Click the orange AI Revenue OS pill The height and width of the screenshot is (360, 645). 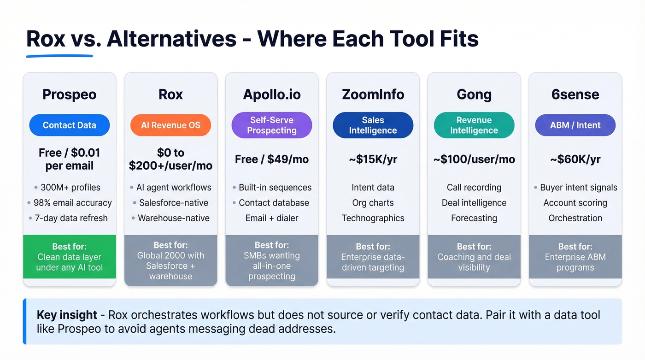(170, 125)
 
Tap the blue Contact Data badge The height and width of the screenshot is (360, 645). (69, 125)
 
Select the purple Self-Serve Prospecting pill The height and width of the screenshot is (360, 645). (272, 125)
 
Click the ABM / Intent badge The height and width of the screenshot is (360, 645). (575, 125)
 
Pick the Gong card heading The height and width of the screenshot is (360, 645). (474, 94)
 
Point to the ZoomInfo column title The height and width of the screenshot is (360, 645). (373, 94)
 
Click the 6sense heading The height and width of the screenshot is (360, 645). (575, 94)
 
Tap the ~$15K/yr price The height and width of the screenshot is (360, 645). (373, 159)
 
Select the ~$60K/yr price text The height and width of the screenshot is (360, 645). (575, 159)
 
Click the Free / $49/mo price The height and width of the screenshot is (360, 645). (272, 159)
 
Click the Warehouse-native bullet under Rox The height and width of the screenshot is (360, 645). (173, 218)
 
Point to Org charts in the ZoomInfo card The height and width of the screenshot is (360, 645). (373, 203)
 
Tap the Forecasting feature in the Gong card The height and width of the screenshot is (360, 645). (474, 218)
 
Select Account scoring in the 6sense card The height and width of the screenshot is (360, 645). (575, 203)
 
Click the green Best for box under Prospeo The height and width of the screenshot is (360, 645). (69, 257)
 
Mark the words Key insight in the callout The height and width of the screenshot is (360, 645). (67, 315)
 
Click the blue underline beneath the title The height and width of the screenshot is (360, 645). (59, 56)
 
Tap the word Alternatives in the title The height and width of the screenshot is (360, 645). (171, 39)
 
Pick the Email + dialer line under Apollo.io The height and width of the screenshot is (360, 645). (272, 218)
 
